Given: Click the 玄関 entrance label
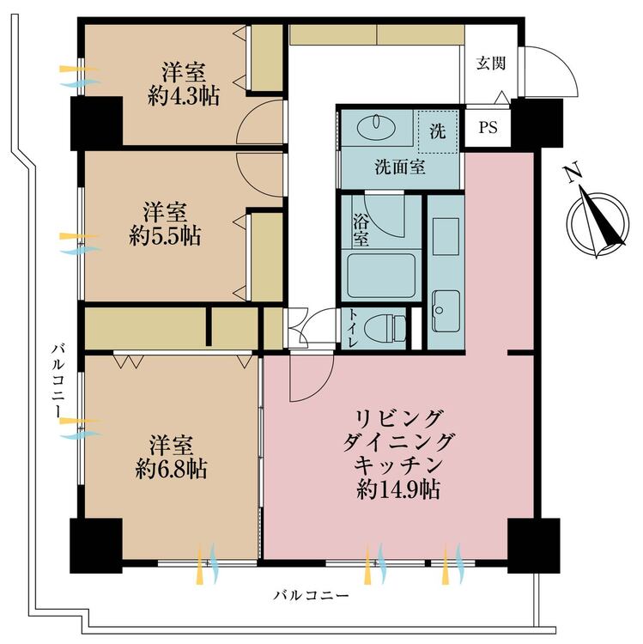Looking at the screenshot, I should (493, 63).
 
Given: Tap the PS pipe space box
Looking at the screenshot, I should (488, 128).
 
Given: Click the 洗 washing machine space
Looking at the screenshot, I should (438, 134).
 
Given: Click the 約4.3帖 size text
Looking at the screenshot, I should (183, 95).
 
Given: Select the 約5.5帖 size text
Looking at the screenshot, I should (165, 236).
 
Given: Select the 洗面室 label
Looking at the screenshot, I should (399, 168).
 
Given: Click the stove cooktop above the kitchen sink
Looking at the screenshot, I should (446, 237).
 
